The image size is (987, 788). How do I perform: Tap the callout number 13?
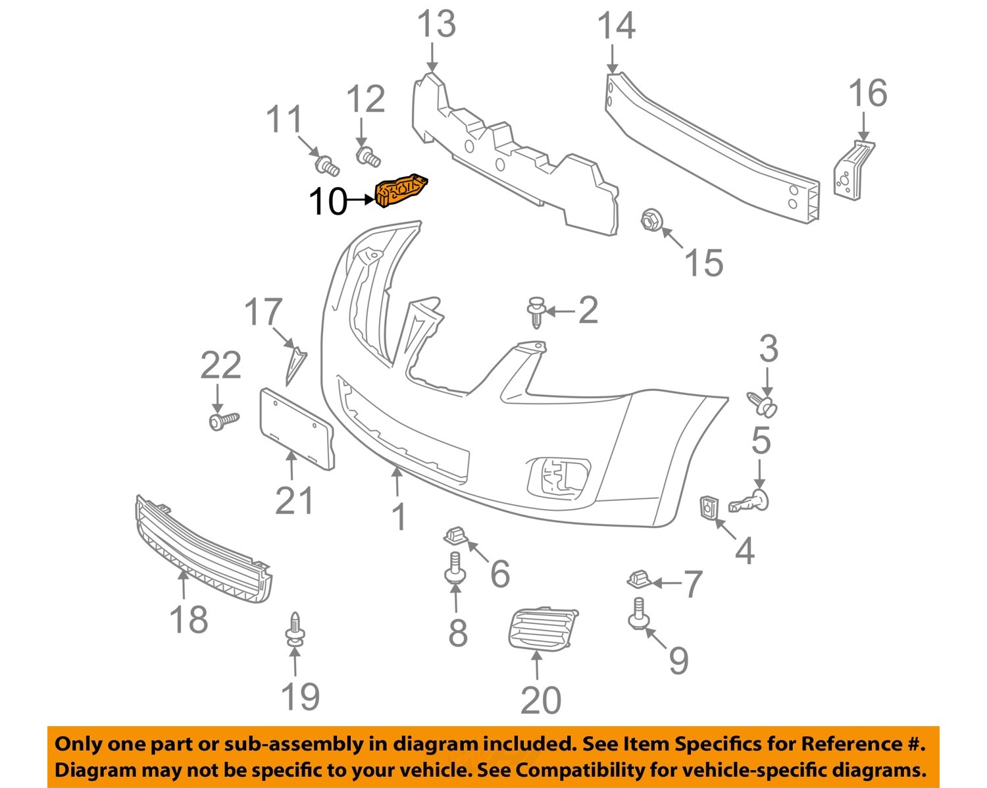coord(436,24)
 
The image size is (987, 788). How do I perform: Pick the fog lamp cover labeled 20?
coord(542,628)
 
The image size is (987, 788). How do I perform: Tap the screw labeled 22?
coord(223,419)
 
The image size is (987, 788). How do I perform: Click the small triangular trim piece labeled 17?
coord(295,364)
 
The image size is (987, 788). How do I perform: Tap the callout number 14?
coord(616,26)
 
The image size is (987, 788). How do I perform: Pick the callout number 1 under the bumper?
coord(399,517)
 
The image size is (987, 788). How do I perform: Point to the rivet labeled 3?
coord(764,403)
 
